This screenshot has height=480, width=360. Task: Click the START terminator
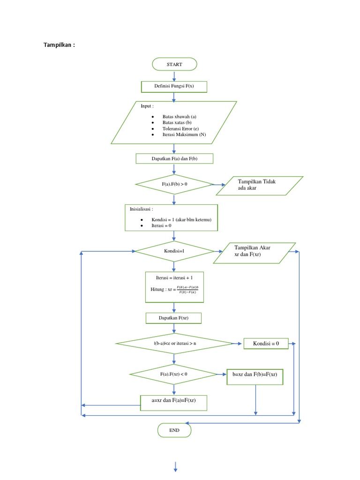pyautogui.click(x=174, y=64)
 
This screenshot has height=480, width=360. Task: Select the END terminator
pyautogui.click(x=174, y=429)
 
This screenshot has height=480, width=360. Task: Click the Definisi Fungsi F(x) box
pyautogui.click(x=174, y=86)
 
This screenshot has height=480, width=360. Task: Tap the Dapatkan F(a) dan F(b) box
pyautogui.click(x=174, y=159)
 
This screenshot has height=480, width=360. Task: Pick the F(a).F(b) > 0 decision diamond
pyautogui.click(x=174, y=184)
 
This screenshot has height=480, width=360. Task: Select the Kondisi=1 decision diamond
pyautogui.click(x=174, y=251)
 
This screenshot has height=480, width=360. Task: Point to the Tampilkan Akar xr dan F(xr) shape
pyautogui.click(x=255, y=253)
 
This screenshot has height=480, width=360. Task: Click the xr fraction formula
pyautogui.click(x=187, y=290)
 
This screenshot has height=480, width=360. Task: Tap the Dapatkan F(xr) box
pyautogui.click(x=174, y=318)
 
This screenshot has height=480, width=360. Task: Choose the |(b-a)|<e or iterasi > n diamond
pyautogui.click(x=174, y=344)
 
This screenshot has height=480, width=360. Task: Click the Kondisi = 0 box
pyautogui.click(x=266, y=344)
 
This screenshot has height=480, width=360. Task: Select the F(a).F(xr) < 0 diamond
pyautogui.click(x=174, y=374)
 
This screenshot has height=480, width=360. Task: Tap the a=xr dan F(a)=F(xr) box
pyautogui.click(x=174, y=401)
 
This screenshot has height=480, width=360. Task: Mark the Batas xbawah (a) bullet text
pyautogui.click(x=179, y=116)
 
